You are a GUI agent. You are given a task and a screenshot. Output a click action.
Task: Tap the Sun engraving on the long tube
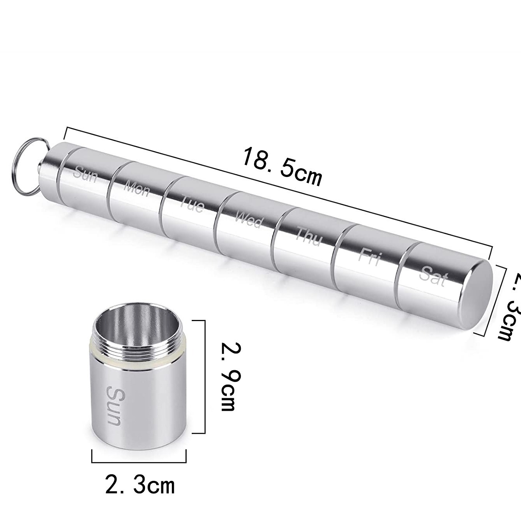(x=85, y=174)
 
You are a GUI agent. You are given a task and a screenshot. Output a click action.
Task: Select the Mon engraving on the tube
(x=137, y=189)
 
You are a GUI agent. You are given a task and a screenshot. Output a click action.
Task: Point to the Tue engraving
(x=192, y=205)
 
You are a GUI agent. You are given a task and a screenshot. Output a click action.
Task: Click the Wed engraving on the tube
(x=249, y=221)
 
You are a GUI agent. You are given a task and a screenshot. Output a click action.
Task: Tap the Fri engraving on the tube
(x=368, y=256)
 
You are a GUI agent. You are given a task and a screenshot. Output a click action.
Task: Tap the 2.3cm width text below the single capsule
(x=140, y=485)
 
